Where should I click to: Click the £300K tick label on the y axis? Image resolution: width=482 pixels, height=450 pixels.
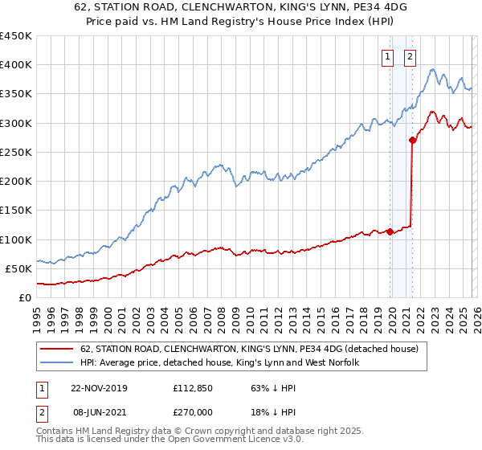point(16,123)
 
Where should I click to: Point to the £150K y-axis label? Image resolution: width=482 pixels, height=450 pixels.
point(16,210)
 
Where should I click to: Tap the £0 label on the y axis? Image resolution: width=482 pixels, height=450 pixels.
point(25,297)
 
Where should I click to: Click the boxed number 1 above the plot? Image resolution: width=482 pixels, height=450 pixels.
point(387,56)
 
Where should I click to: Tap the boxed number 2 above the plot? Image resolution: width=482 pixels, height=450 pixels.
point(410,56)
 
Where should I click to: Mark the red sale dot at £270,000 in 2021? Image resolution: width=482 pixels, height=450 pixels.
point(412,140)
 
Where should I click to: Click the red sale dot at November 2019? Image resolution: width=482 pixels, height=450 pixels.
point(390,231)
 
